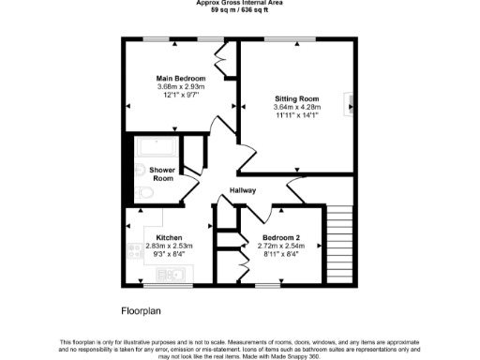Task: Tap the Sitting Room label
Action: (296, 97)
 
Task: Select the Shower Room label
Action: (163, 173)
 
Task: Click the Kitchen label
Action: (156, 237)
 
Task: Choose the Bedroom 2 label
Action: (281, 237)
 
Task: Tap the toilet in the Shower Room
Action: (141, 192)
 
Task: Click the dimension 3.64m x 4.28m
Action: (296, 107)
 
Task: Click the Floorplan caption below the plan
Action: (142, 309)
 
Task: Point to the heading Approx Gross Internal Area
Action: (240, 3)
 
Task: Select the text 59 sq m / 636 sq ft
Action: (240, 10)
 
